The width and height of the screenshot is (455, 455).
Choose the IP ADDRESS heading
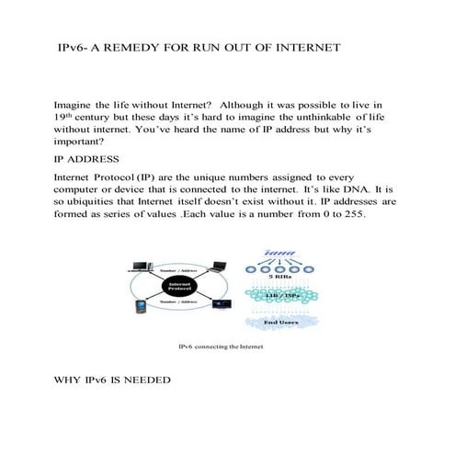pyautogui.click(x=88, y=160)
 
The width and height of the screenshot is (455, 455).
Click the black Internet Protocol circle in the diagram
pyautogui.click(x=180, y=287)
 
